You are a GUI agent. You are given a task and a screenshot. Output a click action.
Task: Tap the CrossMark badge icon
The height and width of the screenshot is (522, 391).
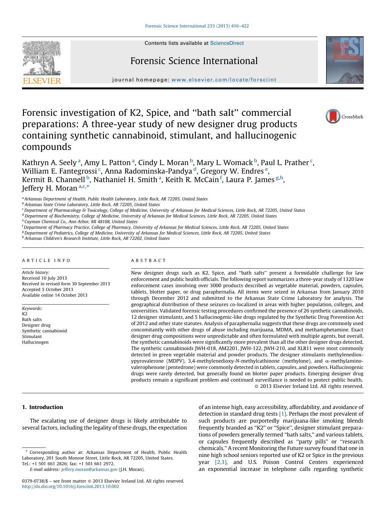coord(333,116)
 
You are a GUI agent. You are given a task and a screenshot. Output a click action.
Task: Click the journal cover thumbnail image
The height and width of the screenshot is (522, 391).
coord(344,60)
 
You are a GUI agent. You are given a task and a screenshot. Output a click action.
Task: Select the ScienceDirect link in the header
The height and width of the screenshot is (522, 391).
coord(227,43)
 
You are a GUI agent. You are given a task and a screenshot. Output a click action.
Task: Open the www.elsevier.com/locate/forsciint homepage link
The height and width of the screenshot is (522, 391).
coord(224,80)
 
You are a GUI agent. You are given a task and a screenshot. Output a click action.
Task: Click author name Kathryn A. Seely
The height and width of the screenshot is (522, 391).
coord(49,163)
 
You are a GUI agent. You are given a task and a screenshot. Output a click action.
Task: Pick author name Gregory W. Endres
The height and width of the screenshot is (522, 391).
coord(232,171)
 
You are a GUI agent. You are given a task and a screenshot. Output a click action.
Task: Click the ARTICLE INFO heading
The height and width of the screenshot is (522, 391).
coord(46,260)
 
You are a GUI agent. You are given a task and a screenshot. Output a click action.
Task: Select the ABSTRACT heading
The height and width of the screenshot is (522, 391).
coord(148,260)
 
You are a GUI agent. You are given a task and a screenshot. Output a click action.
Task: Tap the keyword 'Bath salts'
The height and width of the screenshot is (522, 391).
coord(32,319)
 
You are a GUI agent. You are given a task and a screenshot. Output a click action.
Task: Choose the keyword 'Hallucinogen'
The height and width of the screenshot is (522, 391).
coord(35,342)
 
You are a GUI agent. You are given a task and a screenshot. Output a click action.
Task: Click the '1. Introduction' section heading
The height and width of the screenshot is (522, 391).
coord(43,407)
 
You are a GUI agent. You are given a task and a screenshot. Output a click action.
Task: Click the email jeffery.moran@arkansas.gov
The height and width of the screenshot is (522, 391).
coord(89,469)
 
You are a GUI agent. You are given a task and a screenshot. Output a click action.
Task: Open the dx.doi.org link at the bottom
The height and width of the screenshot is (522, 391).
coord(71,486)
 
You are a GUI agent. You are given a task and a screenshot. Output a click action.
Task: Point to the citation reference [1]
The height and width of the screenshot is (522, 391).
coord(283,414)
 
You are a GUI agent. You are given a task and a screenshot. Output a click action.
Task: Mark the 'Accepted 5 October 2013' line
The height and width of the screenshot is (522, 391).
coord(48,289)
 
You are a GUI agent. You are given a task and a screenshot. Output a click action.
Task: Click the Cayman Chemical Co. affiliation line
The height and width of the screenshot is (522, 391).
coord(81,222)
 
